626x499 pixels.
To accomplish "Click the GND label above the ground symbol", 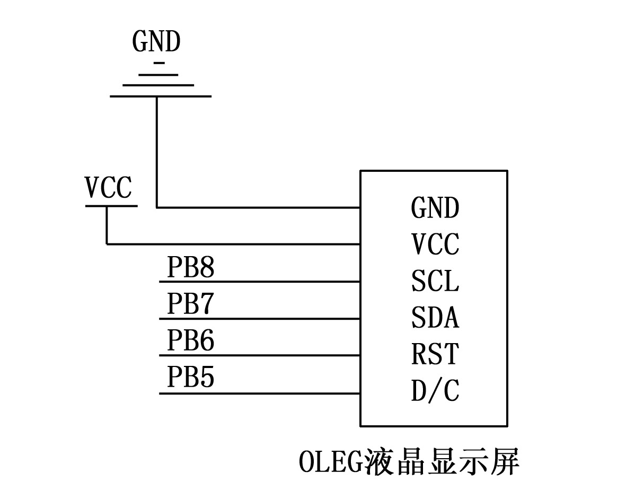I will [156, 42].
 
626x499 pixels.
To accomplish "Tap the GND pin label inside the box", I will [435, 207].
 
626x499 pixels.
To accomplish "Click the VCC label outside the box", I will [108, 188].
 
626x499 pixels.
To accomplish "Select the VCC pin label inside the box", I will [435, 244].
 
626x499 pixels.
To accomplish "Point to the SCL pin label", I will [435, 281].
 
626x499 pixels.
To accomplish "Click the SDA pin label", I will [435, 318].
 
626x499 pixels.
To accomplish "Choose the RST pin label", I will [434, 355].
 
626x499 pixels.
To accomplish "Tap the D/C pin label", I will [435, 391].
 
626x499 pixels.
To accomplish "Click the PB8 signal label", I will [191, 267].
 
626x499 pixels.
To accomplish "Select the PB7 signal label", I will [191, 304].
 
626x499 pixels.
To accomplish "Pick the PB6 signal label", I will [191, 340].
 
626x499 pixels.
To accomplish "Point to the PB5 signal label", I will [191, 378].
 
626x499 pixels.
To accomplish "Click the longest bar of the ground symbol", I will [160, 96].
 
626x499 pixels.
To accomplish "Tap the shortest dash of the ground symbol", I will [158, 63].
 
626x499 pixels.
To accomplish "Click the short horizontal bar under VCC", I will [111, 206].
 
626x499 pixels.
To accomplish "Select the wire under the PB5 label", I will [260, 393].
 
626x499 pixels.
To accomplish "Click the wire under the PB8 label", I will [260, 281].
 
